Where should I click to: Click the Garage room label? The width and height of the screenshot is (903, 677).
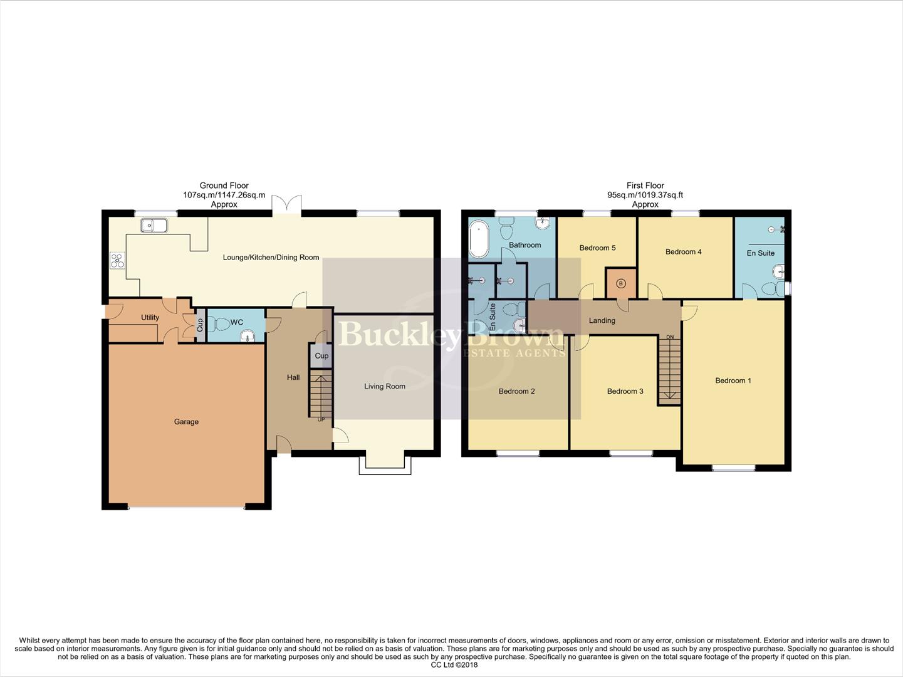[x=186, y=422]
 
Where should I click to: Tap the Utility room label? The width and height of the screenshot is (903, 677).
[x=150, y=317]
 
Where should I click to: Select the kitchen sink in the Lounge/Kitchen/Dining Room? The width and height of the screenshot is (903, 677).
[x=154, y=225]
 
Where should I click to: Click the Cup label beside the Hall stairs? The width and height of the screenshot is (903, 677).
[x=321, y=356]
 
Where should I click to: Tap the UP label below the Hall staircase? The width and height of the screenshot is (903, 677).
[x=321, y=419]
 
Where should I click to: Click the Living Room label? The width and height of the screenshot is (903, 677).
[x=385, y=387]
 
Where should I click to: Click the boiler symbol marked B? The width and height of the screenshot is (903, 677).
[x=621, y=283]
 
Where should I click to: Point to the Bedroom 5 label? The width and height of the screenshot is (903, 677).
[x=597, y=248]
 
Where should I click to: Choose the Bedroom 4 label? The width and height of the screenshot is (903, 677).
[x=683, y=252]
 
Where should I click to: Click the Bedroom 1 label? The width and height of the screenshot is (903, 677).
[x=733, y=380]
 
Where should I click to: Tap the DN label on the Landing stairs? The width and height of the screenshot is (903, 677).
[x=670, y=337]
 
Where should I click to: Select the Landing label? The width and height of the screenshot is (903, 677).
[x=602, y=321]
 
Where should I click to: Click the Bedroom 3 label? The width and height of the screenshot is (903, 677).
[x=625, y=392]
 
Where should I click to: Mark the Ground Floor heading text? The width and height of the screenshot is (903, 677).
[x=224, y=186]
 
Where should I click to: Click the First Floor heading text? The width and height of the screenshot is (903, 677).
[x=645, y=186]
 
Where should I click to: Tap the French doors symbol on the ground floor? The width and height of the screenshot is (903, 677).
[x=287, y=204]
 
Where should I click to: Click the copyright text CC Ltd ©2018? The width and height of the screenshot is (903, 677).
[x=454, y=665]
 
